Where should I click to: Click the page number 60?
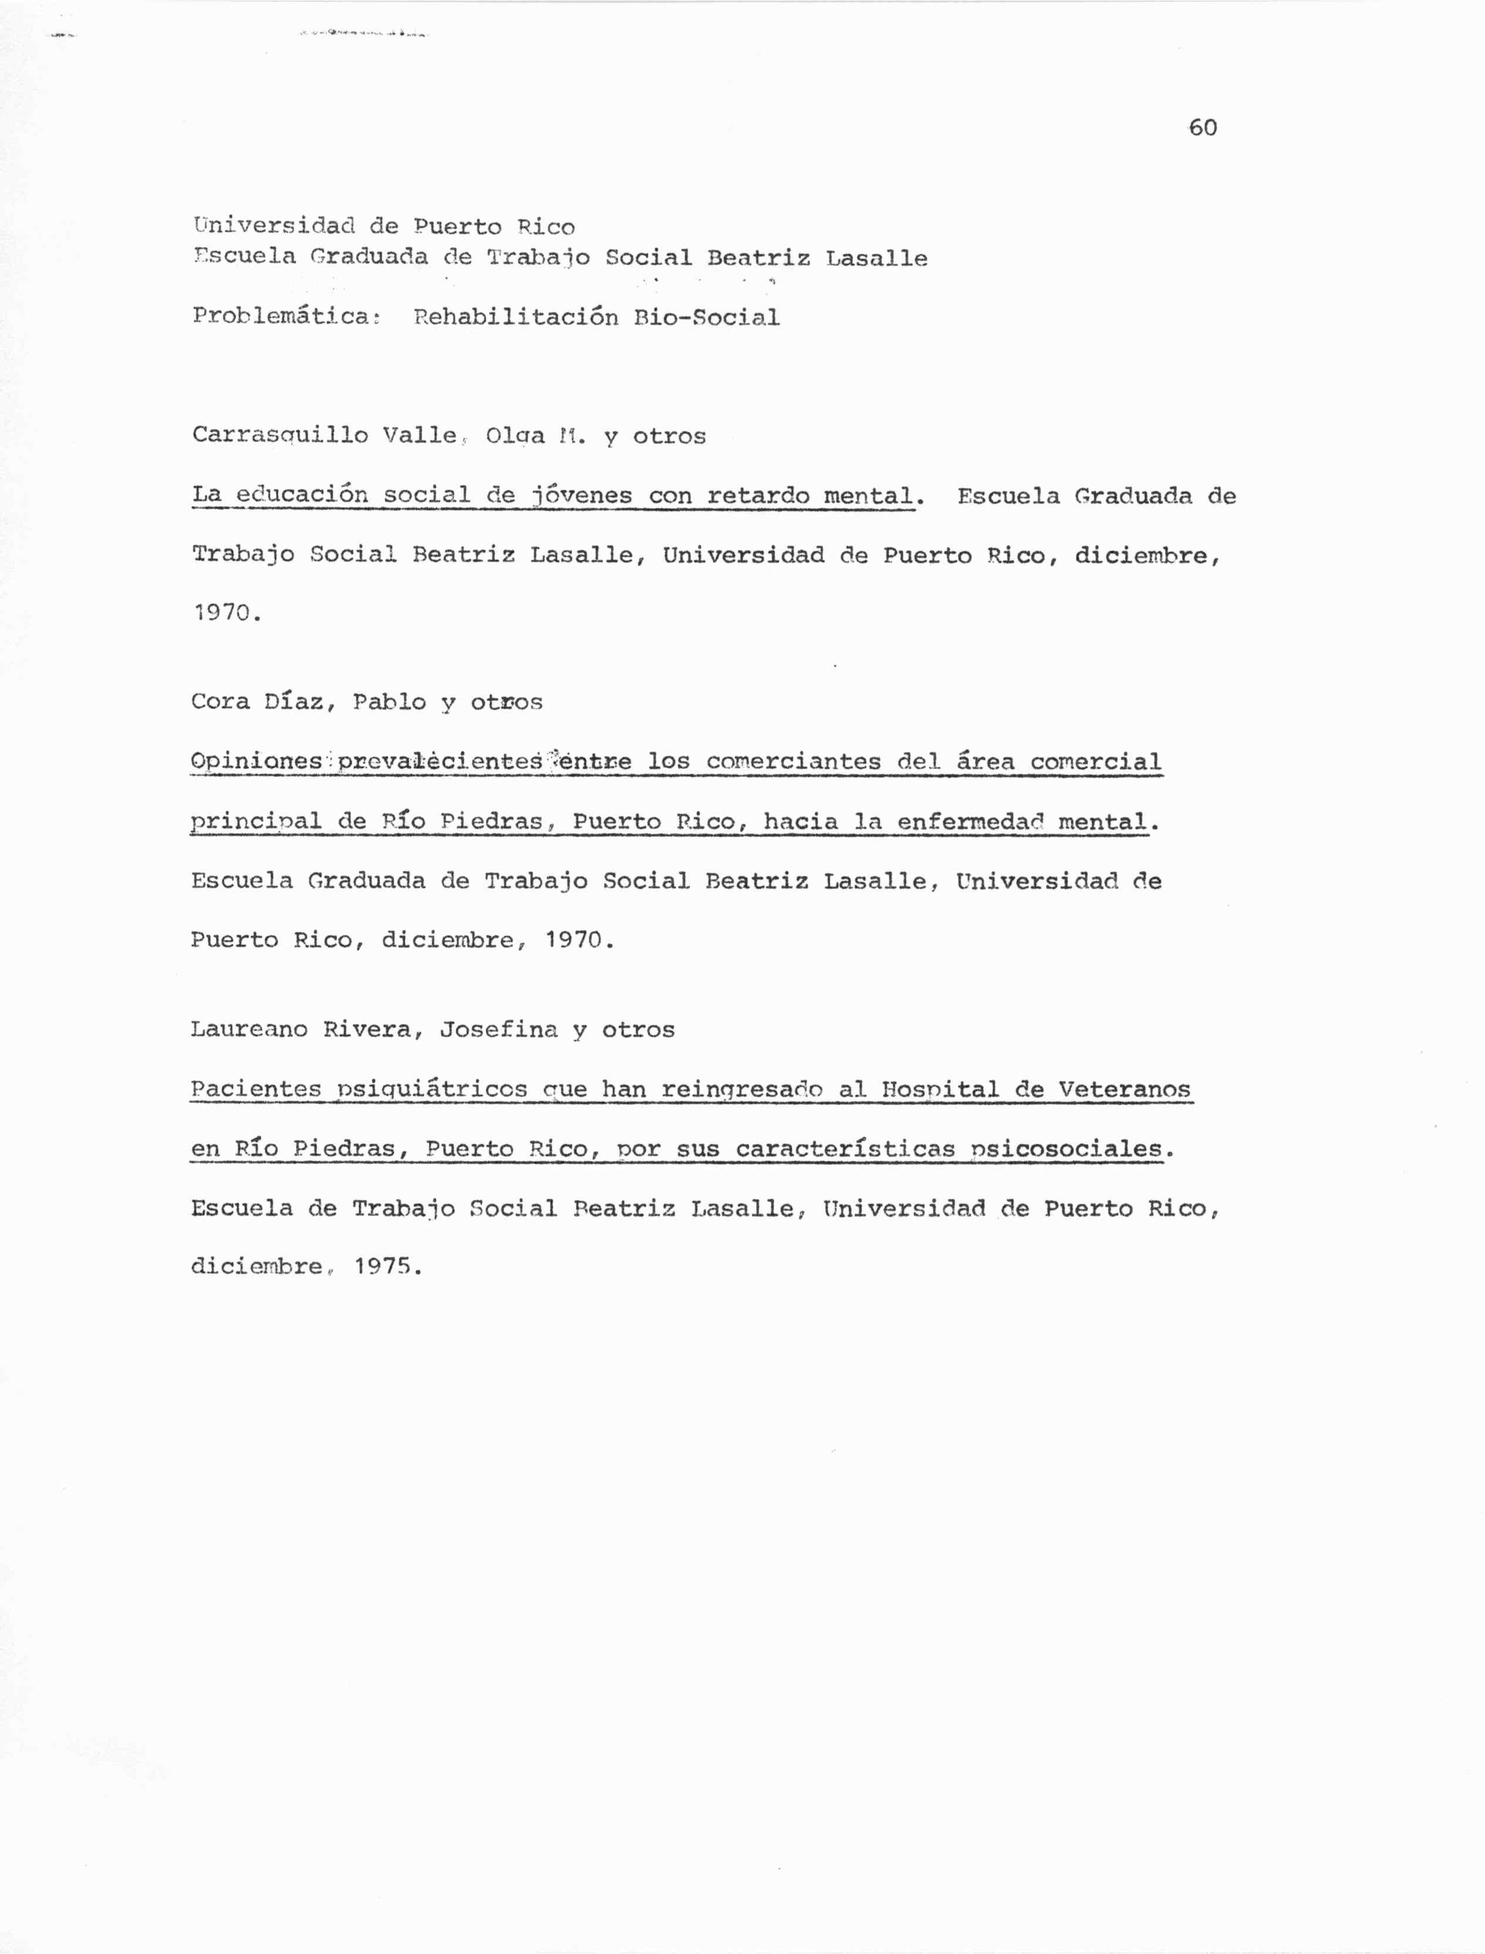(x=1202, y=128)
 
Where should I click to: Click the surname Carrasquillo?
(x=279, y=436)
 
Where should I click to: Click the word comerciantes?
(x=793, y=762)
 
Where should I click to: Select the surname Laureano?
(x=248, y=1030)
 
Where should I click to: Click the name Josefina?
(x=498, y=1030)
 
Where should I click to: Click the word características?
(x=845, y=1149)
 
